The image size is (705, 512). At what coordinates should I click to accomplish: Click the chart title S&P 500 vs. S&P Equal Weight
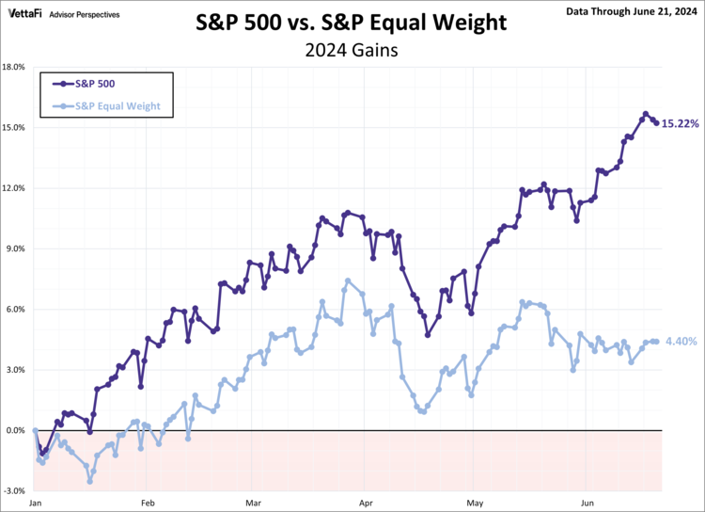coord(352,23)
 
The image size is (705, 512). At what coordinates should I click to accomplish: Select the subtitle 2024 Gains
coord(352,51)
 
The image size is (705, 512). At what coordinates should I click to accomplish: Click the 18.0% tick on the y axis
coord(14,67)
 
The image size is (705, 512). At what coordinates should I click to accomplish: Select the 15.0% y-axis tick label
coord(14,127)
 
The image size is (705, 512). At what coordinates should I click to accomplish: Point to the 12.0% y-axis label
coord(14,188)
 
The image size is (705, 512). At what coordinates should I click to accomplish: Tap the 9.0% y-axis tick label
coord(16,248)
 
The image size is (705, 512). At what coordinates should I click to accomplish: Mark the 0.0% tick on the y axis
coord(16,430)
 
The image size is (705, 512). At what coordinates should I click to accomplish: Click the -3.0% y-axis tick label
coord(15,491)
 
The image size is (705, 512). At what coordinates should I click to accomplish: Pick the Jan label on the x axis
coord(35,504)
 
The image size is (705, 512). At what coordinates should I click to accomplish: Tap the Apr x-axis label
coord(366,504)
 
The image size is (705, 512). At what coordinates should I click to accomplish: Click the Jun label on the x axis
coord(588,504)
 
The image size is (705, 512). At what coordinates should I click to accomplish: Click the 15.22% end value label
coord(680,123)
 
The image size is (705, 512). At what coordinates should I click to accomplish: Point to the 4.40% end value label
coord(680,342)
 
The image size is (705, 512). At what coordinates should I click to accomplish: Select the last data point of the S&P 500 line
coord(656,122)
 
